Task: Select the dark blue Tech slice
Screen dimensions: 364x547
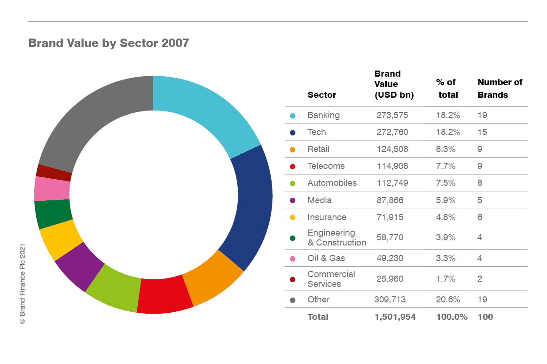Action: click(x=251, y=207)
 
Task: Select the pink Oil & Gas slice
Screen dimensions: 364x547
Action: click(x=52, y=189)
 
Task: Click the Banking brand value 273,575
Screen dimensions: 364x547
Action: click(x=392, y=115)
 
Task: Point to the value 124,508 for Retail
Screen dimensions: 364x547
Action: click(x=392, y=149)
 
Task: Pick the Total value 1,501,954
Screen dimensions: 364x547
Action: click(x=395, y=317)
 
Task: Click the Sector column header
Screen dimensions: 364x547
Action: click(x=322, y=95)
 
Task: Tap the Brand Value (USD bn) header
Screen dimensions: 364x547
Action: click(x=394, y=84)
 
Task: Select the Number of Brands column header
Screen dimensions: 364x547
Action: click(x=500, y=88)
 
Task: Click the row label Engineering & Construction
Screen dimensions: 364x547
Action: click(x=336, y=237)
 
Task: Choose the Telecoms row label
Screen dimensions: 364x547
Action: click(x=326, y=166)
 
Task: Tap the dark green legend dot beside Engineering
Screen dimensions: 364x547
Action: click(x=293, y=238)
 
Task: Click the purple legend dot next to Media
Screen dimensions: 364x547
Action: click(x=293, y=200)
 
